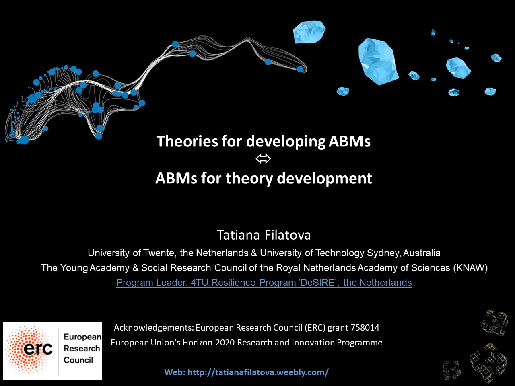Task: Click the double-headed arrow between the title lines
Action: point(263,159)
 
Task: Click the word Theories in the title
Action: point(187,141)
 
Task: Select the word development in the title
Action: point(324,179)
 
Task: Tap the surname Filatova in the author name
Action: point(288,235)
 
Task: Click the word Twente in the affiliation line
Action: point(159,253)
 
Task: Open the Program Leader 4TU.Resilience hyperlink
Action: point(264,283)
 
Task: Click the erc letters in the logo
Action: point(38,349)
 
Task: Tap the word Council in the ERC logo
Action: point(78,360)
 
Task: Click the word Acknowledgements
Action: point(154,328)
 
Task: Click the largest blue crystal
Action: point(378,62)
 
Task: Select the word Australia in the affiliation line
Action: point(422,253)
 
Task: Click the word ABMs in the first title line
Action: point(350,141)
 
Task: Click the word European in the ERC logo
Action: point(82,337)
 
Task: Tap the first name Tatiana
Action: point(238,235)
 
